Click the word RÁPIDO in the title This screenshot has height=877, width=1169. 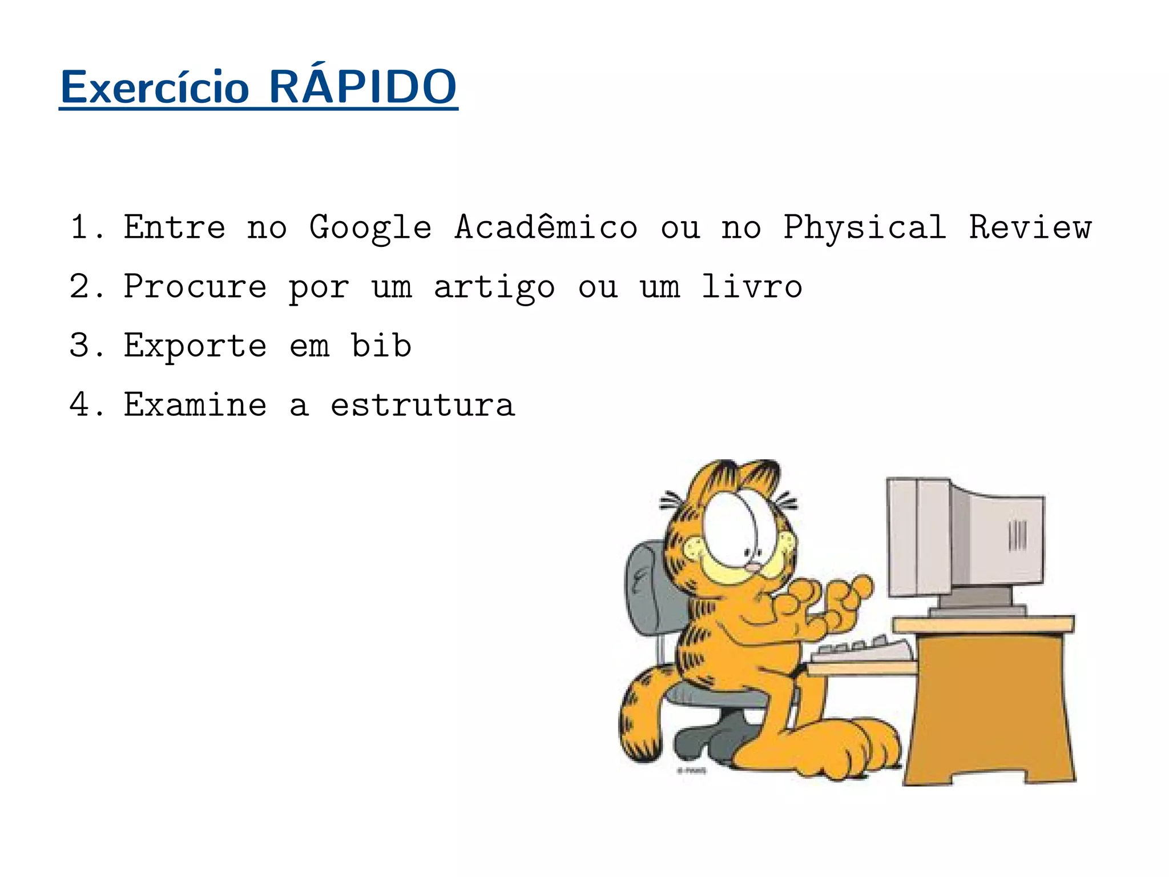[x=362, y=87]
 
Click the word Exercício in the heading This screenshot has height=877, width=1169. [x=155, y=88]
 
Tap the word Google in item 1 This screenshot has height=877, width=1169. [x=370, y=227]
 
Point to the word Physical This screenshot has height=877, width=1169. [x=864, y=227]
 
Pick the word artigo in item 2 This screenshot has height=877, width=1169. [x=494, y=287]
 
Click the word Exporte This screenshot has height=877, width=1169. [x=195, y=346]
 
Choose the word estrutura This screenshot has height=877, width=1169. [x=423, y=405]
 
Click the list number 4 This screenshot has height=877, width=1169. [x=80, y=405]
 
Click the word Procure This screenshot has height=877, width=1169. [x=195, y=287]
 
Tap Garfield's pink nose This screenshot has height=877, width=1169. [x=753, y=567]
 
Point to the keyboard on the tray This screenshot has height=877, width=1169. [x=862, y=650]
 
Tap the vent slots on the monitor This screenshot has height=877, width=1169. [x=1017, y=535]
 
